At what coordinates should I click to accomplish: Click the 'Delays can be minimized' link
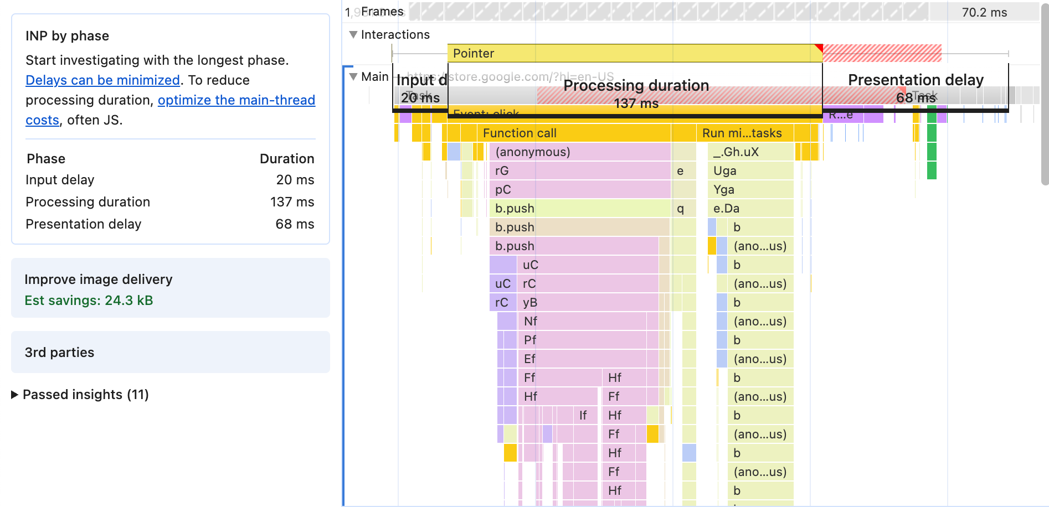click(102, 80)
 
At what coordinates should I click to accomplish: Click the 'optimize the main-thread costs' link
click(236, 100)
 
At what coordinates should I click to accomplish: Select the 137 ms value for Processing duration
click(292, 202)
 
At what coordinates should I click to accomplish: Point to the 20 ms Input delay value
click(295, 180)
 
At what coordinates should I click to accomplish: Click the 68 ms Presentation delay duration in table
click(295, 224)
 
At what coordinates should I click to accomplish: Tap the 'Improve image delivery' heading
click(99, 280)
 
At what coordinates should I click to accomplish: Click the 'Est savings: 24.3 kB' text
click(89, 301)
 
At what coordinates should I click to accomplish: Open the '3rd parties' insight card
click(170, 352)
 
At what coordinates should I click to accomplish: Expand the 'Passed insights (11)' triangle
click(15, 395)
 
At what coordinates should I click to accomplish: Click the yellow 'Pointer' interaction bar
click(631, 53)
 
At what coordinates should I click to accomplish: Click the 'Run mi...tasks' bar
click(742, 133)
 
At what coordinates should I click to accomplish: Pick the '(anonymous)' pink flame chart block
click(579, 152)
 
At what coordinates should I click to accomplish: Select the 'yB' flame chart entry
click(587, 302)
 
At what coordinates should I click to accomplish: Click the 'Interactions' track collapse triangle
click(353, 34)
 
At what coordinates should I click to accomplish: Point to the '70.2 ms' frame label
click(984, 12)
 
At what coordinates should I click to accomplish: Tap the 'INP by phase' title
click(67, 36)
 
